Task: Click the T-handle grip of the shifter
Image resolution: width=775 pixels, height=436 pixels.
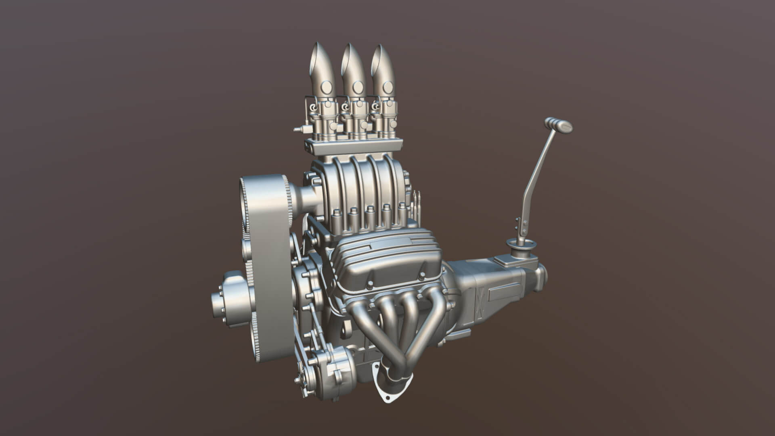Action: [559, 125]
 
